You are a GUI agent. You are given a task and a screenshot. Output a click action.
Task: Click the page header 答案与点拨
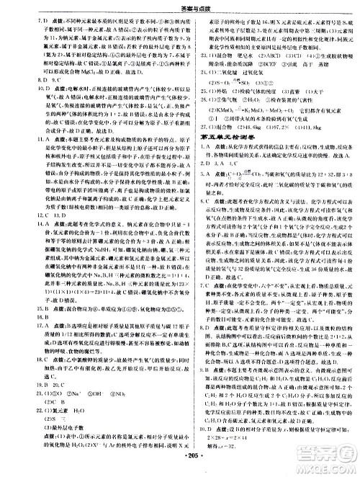point(181,6)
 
